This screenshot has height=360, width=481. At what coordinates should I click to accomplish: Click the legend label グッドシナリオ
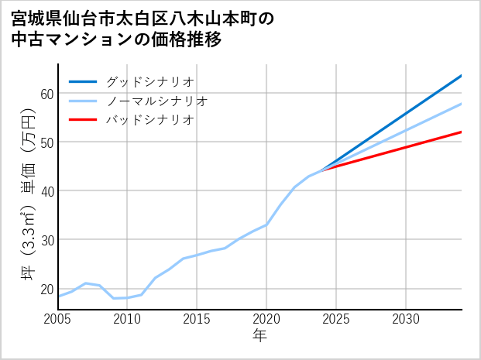click(149, 81)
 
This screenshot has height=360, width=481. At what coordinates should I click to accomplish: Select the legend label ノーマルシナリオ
click(156, 101)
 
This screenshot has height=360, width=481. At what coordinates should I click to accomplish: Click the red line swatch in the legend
click(83, 120)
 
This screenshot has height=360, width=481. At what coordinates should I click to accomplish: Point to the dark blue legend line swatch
click(83, 81)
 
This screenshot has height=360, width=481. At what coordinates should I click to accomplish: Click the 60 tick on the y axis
click(46, 94)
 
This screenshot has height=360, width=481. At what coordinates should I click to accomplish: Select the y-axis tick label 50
click(46, 142)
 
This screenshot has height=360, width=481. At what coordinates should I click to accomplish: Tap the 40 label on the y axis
click(46, 191)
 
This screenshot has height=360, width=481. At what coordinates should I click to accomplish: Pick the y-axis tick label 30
click(46, 240)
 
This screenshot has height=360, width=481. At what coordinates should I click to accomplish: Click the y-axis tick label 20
click(46, 289)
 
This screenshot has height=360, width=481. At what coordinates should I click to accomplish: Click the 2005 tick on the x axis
click(58, 319)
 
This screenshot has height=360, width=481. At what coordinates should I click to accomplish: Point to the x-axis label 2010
click(127, 319)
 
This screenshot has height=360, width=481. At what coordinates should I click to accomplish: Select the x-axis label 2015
click(197, 319)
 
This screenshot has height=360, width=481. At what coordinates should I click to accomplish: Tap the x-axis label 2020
click(266, 319)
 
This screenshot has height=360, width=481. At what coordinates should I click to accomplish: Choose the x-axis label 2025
click(336, 319)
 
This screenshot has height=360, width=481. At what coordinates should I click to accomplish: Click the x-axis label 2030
click(406, 319)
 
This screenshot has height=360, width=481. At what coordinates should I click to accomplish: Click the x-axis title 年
click(259, 336)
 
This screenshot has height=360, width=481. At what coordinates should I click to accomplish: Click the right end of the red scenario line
click(461, 132)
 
